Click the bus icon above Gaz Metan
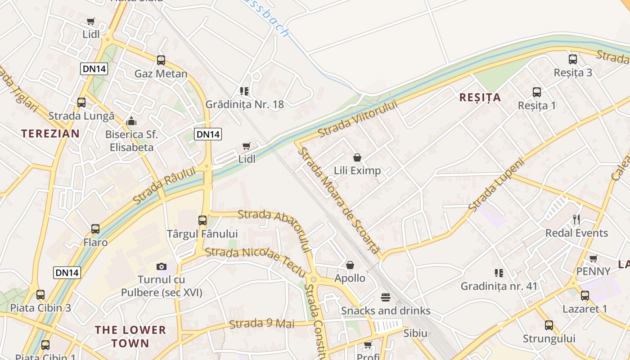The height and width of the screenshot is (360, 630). tap(161, 60)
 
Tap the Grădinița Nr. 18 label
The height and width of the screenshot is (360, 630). tap(245, 104)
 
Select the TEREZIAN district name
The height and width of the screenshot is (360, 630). tap(50, 134)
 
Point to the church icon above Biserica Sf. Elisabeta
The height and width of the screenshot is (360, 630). tap(131, 121)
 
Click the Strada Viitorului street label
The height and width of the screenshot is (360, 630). tap(358, 119)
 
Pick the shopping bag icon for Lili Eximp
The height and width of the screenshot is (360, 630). tap(357, 157)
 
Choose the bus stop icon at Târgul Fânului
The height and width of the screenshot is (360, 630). tap(202, 220)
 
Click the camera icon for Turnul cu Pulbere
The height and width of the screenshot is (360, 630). tap(162, 266)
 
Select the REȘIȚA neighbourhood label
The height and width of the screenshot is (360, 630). tap(480, 98)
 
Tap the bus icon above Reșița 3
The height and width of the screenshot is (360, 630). tap(573, 59)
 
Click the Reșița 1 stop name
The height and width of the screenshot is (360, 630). tap(537, 106)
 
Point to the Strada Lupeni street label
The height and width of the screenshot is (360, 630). tap(496, 184)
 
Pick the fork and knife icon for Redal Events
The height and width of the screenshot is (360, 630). tap(576, 220)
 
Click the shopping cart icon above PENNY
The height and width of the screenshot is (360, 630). tap(594, 258)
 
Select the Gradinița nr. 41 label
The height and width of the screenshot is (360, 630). tap(499, 286)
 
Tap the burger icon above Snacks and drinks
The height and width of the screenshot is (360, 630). tap(386, 297)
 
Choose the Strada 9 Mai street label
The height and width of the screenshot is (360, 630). tap(261, 324)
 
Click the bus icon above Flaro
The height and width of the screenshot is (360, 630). tap(95, 229)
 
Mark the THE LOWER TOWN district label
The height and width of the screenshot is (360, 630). tap(130, 337)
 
